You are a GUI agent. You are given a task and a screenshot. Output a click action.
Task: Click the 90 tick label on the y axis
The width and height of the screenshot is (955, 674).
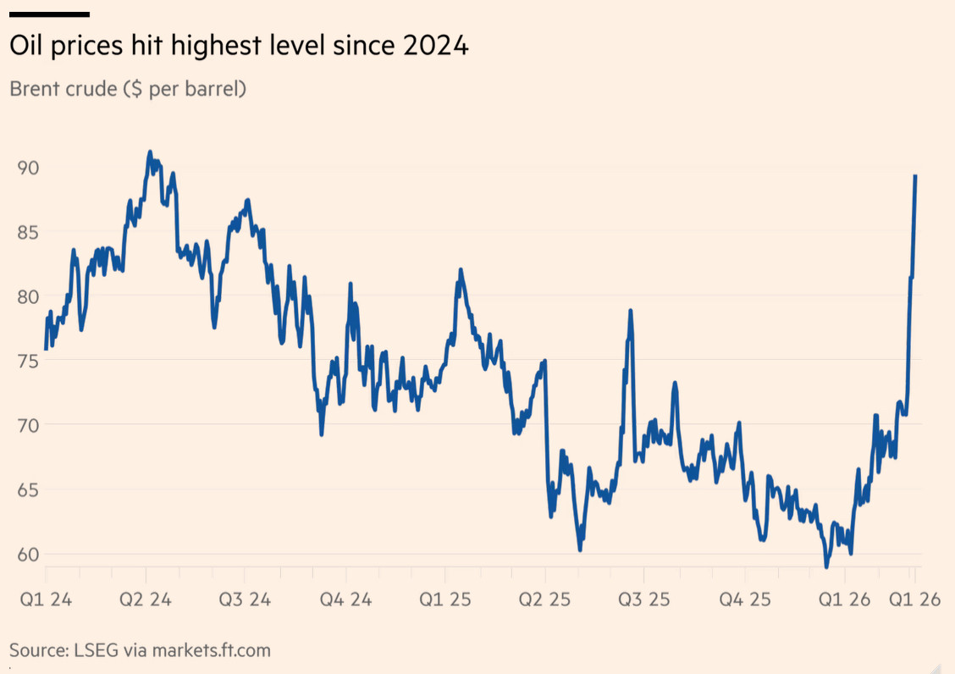[x=27, y=168]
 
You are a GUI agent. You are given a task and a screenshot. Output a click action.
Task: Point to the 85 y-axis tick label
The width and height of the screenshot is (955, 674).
[x=27, y=232]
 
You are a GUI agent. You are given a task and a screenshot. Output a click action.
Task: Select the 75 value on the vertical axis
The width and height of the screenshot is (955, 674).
[x=27, y=360]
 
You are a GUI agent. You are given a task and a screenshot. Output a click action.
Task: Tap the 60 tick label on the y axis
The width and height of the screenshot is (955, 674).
[x=27, y=554]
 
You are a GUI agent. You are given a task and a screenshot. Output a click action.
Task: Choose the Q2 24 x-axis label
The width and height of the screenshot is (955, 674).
[x=146, y=600]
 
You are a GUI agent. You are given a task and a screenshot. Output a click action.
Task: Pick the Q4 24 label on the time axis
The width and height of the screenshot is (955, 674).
[x=345, y=600]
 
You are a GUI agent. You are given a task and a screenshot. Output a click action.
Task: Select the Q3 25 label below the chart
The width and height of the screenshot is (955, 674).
[x=644, y=600]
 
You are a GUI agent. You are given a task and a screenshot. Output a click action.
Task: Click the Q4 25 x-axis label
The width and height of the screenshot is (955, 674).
[x=745, y=600]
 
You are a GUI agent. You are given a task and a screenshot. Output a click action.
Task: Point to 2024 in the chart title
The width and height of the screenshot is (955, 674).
[x=435, y=47]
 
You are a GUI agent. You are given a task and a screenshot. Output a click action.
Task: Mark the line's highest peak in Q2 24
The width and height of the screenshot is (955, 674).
[x=150, y=153]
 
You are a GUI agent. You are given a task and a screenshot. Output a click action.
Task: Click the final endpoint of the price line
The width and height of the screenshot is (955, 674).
[x=915, y=176]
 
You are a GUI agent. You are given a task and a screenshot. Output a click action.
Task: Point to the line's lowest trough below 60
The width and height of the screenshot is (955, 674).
[x=827, y=566]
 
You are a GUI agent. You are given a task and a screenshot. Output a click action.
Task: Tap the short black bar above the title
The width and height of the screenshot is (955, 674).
[x=49, y=14]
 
